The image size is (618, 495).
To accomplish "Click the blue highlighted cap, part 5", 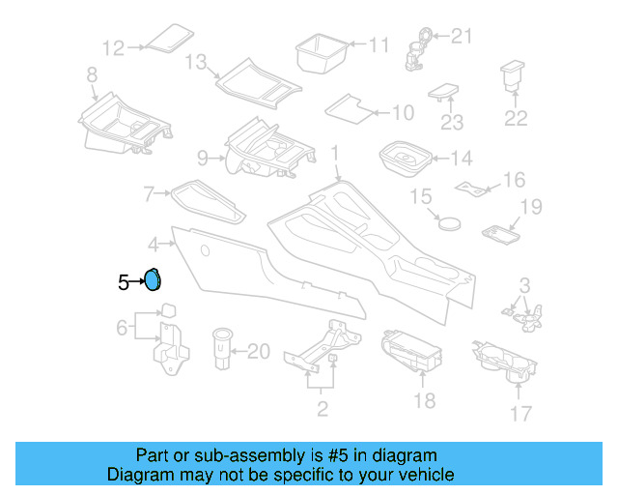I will tap(152, 280).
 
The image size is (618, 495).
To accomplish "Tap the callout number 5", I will tap(123, 282).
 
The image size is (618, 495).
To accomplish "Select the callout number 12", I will tap(114, 46).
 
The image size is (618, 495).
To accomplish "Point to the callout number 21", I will tap(463, 37).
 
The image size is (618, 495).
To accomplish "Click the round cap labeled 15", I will tap(448, 220).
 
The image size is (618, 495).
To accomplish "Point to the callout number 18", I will tap(424, 400).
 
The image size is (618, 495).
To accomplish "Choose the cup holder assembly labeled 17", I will tap(508, 364).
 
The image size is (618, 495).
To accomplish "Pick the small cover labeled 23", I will tap(445, 92).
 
